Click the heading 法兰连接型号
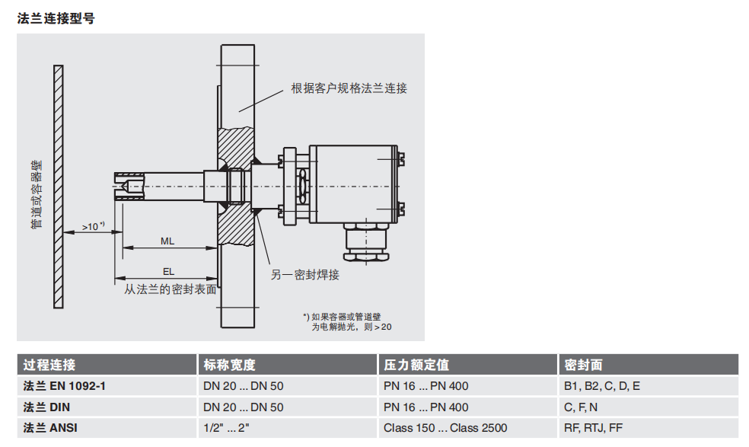56,18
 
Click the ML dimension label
167,241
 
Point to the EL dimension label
168,270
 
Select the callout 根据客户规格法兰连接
349,88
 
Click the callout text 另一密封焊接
304,275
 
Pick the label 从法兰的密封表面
171,289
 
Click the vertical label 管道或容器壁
36,194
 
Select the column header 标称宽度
229,365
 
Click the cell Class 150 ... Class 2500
445,428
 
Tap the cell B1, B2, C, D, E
601,386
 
